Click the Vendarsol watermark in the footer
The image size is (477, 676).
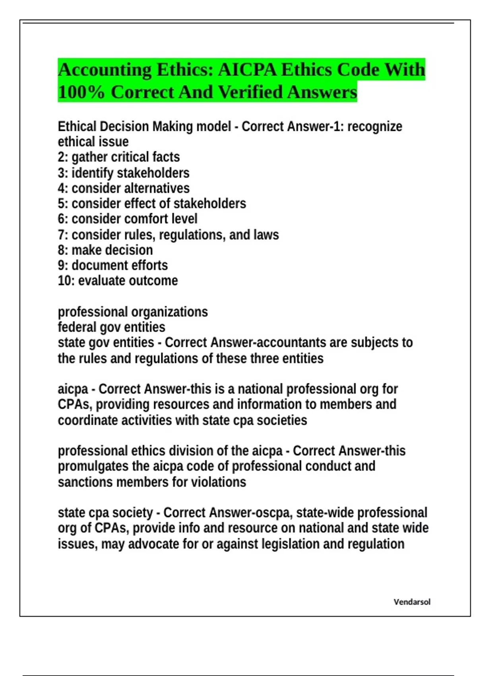point(412,602)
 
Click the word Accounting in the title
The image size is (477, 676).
point(105,70)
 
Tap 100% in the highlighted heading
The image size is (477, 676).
point(81,92)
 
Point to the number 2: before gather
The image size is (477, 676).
point(63,157)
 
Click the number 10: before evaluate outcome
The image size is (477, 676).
point(66,281)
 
